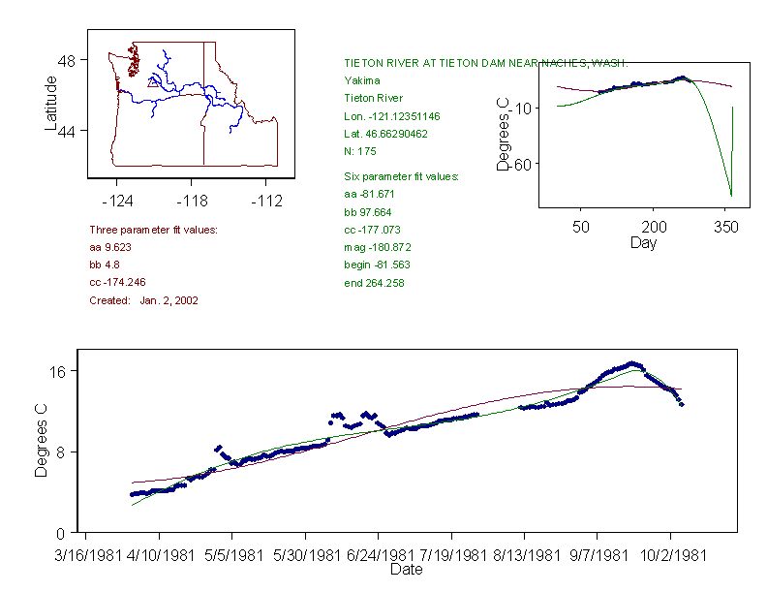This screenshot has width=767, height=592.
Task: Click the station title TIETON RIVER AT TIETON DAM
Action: click(485, 62)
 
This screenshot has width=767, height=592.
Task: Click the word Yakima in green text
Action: click(362, 80)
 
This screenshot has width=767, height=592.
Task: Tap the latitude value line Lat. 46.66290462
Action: click(386, 134)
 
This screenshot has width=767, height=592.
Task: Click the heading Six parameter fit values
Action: click(402, 176)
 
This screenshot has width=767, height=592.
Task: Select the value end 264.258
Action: click(374, 283)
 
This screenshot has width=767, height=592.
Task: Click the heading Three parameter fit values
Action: click(153, 230)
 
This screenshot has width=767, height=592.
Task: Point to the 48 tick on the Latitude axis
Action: click(68, 60)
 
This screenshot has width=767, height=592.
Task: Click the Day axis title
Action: click(643, 242)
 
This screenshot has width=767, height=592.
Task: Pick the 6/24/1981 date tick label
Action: click(379, 556)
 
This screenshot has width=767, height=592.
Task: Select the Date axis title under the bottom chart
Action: click(406, 570)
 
